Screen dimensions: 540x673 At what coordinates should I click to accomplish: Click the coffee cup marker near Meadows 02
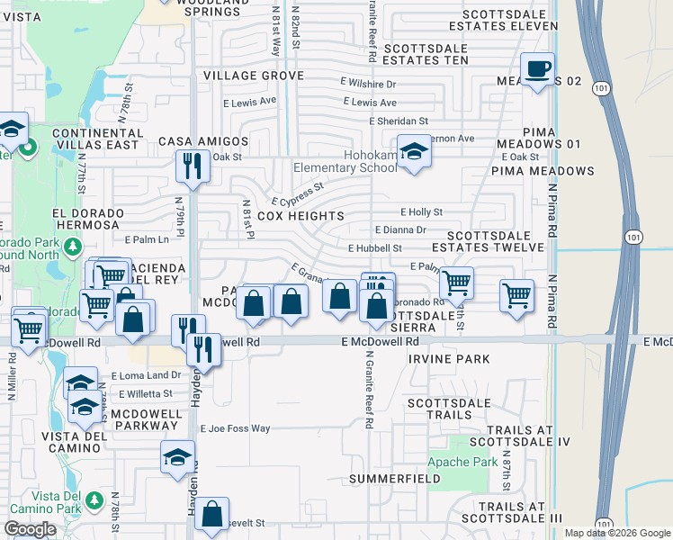538,69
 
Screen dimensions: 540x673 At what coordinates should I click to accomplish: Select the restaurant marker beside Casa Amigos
192,166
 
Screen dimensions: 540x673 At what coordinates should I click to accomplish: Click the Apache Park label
473,462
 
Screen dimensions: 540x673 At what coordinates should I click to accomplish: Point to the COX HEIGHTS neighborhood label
301,216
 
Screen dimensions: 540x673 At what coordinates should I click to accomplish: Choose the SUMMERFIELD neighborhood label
395,478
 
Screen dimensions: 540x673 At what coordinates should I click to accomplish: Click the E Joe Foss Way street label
235,429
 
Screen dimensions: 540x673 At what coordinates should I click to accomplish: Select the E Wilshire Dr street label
369,83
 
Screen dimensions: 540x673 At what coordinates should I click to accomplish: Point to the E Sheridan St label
399,121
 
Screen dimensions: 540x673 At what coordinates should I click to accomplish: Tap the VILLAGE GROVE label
253,76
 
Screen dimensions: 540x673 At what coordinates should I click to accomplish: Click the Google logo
30,529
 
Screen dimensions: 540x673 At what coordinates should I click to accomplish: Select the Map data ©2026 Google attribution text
616,533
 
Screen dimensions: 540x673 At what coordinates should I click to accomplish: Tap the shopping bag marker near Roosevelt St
211,514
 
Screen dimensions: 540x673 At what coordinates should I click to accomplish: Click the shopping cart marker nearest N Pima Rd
517,295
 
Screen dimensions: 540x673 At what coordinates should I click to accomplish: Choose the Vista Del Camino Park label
34,505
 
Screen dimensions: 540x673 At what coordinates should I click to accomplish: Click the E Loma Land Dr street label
146,375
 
